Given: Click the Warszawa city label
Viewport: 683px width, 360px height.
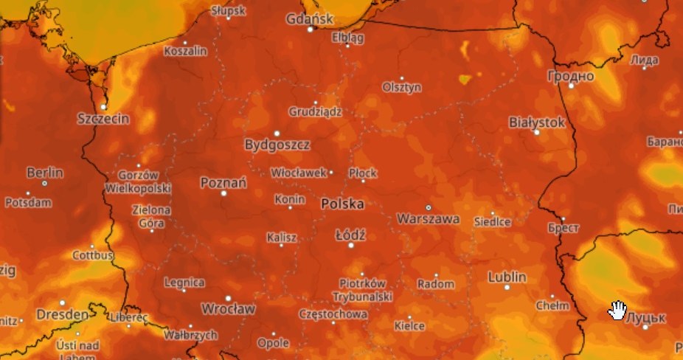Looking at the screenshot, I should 429,219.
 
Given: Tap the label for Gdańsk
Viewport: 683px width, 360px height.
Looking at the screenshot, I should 310,18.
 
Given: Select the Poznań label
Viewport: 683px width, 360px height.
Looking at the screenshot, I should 223,182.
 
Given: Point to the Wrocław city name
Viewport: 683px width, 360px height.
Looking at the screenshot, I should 229,308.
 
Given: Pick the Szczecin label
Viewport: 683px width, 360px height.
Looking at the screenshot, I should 103,118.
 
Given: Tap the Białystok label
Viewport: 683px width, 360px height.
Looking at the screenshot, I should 537,122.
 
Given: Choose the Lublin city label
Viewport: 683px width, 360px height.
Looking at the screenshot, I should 507,277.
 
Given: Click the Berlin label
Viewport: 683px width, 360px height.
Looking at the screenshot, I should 45,173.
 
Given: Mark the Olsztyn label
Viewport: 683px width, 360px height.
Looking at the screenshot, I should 402,87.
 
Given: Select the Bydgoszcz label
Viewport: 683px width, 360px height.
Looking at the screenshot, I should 277,145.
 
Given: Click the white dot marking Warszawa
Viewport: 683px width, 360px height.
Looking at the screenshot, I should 429,207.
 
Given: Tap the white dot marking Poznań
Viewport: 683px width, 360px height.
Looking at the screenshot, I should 224,193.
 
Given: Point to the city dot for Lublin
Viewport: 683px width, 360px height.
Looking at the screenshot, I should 507,288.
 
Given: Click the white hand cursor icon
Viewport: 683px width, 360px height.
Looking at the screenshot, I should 617,311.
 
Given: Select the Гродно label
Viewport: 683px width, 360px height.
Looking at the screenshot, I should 571,75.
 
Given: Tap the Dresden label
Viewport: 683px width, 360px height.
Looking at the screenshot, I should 63,314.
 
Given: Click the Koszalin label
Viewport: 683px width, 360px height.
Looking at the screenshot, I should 185,52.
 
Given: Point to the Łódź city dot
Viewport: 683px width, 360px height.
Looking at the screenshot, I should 351,245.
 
